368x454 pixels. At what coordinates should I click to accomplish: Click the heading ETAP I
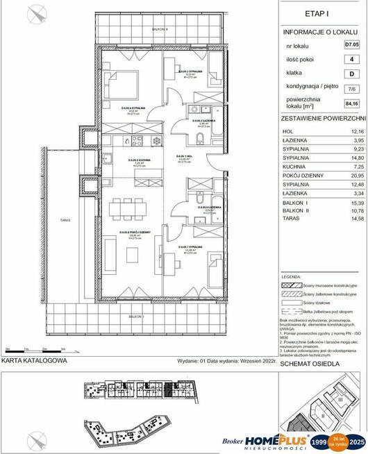coord(321,12)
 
